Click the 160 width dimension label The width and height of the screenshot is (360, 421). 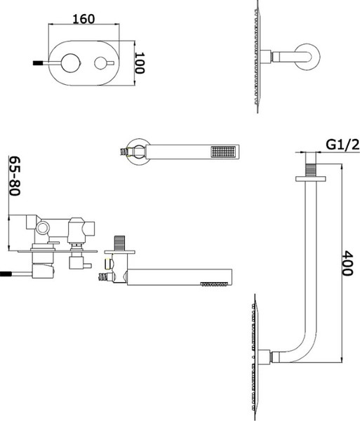click(x=84, y=19)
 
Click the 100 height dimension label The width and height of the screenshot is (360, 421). click(x=140, y=63)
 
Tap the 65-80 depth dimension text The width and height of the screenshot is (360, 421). click(x=15, y=176)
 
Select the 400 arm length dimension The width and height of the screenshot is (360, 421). click(x=347, y=263)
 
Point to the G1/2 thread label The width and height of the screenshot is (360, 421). click(x=342, y=145)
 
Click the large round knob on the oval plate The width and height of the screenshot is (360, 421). click(x=71, y=63)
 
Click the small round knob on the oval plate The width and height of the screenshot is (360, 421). click(x=101, y=63)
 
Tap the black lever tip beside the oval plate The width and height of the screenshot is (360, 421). click(x=38, y=63)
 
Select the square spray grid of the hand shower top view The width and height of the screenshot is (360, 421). click(x=223, y=152)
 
